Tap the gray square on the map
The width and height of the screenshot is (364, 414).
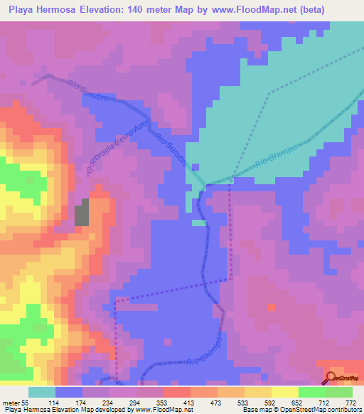pyautogui.click(x=83, y=213)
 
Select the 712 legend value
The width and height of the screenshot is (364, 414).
pyautogui.click(x=325, y=403)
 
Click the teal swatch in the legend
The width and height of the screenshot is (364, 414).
pyautogui.click(x=41, y=392)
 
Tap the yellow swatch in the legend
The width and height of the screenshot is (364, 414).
pyautogui.click(x=284, y=392)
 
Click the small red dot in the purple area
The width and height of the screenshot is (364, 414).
pyautogui.click(x=272, y=307)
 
